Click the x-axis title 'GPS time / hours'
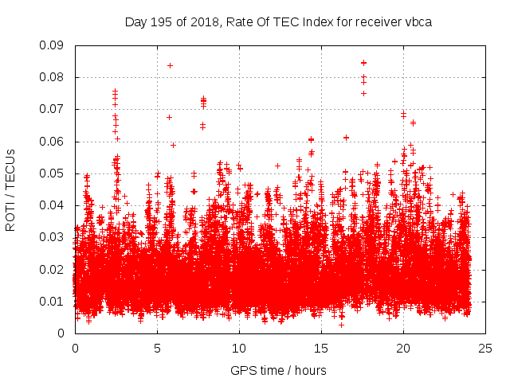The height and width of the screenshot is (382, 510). (278, 370)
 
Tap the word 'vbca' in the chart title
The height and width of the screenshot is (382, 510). (417, 22)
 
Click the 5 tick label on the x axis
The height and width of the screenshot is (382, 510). (157, 348)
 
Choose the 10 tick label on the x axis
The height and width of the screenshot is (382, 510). (239, 348)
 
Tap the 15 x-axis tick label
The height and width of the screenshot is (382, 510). (321, 348)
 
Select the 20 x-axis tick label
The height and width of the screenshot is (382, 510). (403, 348)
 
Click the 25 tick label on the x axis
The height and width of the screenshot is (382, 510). (485, 348)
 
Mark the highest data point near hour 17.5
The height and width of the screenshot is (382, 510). (363, 62)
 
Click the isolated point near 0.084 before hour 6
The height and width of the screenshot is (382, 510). (170, 65)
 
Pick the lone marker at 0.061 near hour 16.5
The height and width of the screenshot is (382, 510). (346, 138)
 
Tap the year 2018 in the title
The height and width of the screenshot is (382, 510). (202, 22)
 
